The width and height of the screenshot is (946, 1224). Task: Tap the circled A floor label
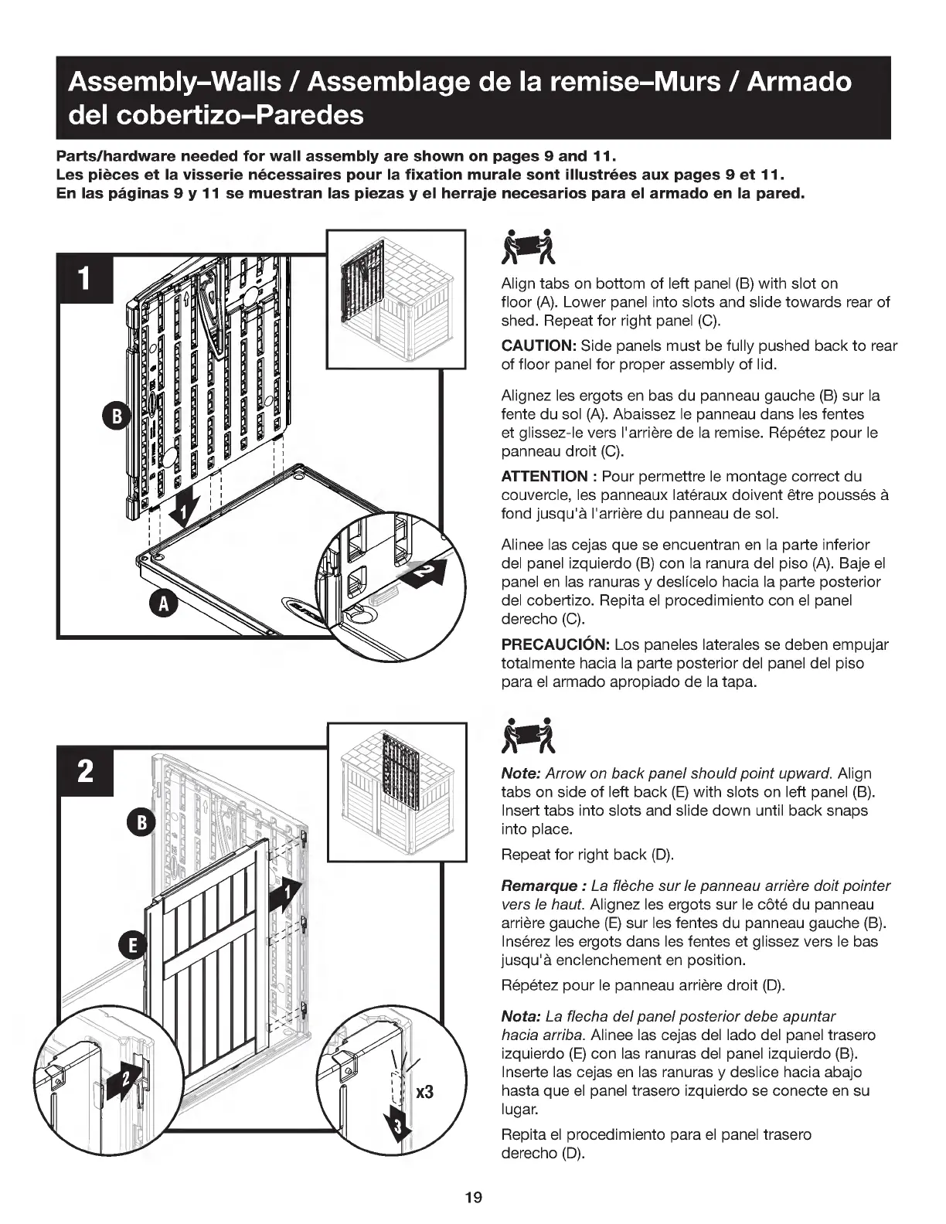(162, 604)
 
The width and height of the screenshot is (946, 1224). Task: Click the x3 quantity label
(425, 1093)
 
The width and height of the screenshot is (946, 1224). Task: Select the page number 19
(473, 1198)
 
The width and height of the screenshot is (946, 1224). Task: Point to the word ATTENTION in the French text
(544, 476)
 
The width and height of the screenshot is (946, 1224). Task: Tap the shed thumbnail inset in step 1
(396, 299)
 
